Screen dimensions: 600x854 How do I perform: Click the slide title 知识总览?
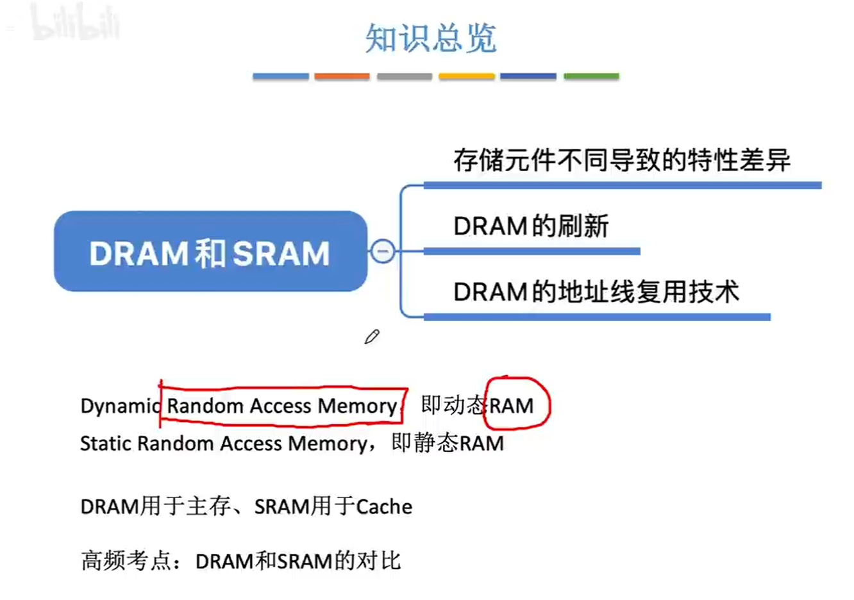point(431,38)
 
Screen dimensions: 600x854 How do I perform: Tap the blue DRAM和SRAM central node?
point(210,252)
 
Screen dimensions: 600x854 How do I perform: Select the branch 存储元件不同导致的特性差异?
point(622,160)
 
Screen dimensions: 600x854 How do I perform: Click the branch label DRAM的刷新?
point(531,226)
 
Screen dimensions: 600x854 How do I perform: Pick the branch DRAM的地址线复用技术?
point(596,292)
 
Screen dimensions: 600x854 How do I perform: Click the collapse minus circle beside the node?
point(383,251)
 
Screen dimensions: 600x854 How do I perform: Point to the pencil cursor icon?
point(372,337)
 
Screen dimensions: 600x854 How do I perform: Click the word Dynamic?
point(119,406)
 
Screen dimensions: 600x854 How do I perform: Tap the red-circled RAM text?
point(512,406)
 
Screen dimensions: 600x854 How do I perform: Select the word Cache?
point(384,507)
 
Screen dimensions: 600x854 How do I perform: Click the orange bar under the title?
point(342,76)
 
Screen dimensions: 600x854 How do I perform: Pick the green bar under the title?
point(591,76)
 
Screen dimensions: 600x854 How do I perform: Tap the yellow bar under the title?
point(466,76)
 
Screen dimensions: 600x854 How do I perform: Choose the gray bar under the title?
point(404,76)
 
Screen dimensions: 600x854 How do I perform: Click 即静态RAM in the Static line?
point(448,444)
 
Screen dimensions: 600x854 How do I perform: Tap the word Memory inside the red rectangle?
point(357,406)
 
